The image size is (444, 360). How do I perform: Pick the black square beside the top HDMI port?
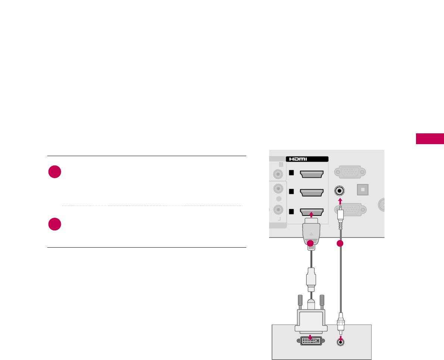(292, 173)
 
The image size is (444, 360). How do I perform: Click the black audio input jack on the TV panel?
(339, 190)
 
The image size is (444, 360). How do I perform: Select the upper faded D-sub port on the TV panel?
(348, 172)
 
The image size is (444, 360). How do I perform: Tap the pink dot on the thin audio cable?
(340, 243)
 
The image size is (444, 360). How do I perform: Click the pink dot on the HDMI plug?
(310, 243)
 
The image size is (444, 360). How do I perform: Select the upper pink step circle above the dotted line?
(54, 172)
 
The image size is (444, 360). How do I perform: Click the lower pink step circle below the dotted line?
(54, 224)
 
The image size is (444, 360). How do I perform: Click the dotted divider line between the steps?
(152, 205)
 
